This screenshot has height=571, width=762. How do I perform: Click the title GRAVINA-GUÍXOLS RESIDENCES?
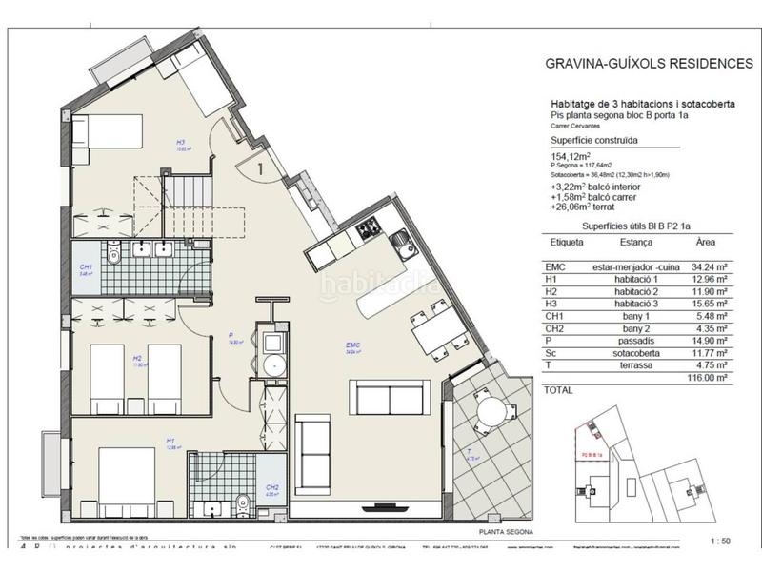point(648,65)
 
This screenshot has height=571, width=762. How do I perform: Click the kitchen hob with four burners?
point(368,227)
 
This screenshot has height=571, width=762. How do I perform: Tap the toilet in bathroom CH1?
point(113,255)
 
